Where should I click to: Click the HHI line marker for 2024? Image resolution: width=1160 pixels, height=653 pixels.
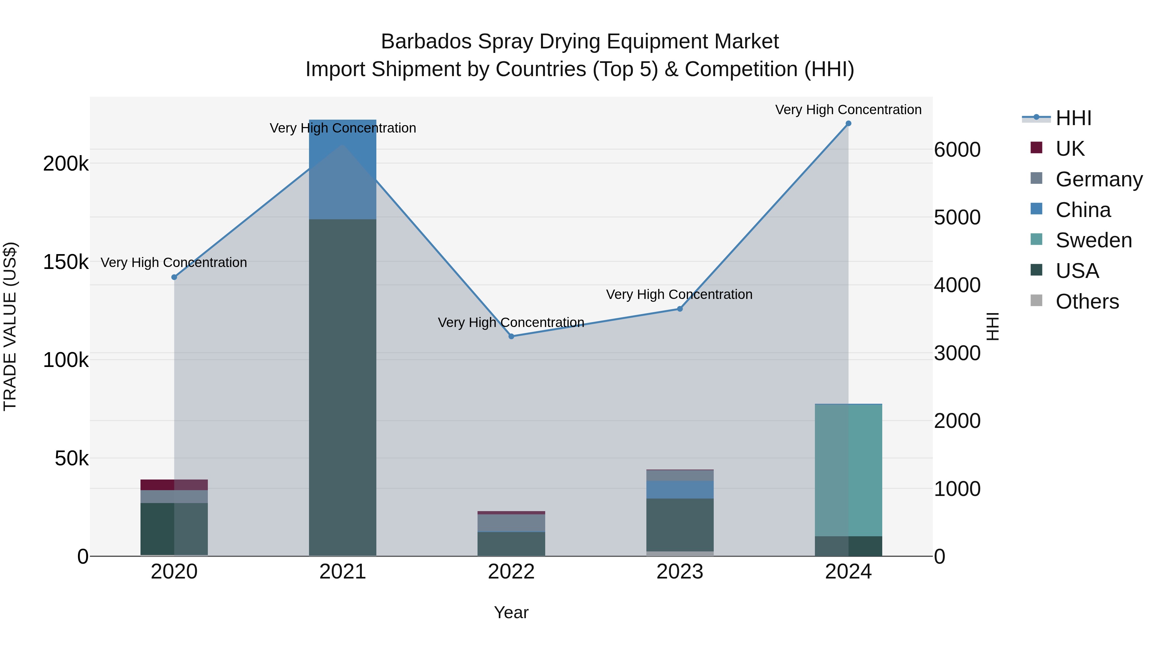point(848,124)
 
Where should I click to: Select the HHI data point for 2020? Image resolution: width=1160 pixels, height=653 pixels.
point(174,277)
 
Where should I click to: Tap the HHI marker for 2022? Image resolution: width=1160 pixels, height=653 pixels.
point(511,336)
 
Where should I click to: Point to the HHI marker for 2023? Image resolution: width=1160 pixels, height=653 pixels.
point(680,309)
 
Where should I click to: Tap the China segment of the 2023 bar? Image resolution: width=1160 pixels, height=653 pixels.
point(680,490)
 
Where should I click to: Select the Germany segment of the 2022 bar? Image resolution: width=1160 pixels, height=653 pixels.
point(511,523)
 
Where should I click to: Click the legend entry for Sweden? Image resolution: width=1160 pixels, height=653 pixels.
point(1093,240)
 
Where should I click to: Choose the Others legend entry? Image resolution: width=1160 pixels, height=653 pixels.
point(1087,302)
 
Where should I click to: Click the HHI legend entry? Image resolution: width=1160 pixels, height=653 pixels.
point(1073,118)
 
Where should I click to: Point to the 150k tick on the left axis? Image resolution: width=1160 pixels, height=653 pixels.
point(66,262)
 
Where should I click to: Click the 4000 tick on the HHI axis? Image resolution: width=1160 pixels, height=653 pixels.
point(957,285)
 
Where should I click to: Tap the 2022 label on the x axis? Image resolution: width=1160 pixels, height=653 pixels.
point(511,572)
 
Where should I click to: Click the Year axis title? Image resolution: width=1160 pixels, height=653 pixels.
point(511,612)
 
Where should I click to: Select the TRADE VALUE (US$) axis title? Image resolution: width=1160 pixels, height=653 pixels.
point(10,326)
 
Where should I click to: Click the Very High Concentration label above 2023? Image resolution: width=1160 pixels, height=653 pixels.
point(679,294)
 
